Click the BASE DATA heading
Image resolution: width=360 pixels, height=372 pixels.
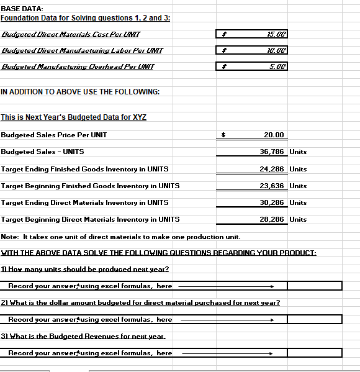coord(22,7)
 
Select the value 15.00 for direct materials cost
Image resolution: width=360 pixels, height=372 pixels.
coord(276,34)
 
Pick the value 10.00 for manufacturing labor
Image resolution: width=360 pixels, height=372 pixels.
coord(276,50)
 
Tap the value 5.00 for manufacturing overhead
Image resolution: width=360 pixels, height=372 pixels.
coord(277,66)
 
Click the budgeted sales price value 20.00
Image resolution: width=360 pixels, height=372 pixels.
coord(273,135)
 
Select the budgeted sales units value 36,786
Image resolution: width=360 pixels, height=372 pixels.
coord(272,152)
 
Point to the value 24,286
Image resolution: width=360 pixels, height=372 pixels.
coord(272,169)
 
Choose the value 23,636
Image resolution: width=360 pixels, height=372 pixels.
coord(272,186)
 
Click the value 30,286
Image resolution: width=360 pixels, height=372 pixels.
coord(272,202)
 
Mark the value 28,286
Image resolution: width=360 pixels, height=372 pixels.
coord(272,219)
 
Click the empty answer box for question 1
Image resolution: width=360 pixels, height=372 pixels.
coord(314,286)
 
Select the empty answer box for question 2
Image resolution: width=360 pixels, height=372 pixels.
coord(314,319)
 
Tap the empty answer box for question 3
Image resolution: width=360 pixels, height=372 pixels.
coord(314,353)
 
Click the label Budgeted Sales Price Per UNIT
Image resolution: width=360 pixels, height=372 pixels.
coord(54,135)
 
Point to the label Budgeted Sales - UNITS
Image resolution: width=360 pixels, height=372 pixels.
coord(43,152)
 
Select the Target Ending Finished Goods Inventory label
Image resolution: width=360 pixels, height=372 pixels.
coord(84,169)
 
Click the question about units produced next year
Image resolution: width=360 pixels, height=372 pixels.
coord(85,269)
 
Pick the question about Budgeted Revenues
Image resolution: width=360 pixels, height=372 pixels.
coord(83,336)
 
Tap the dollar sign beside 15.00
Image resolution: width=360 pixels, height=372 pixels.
coord(226,34)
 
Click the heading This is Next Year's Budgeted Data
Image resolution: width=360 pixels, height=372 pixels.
coord(73,117)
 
